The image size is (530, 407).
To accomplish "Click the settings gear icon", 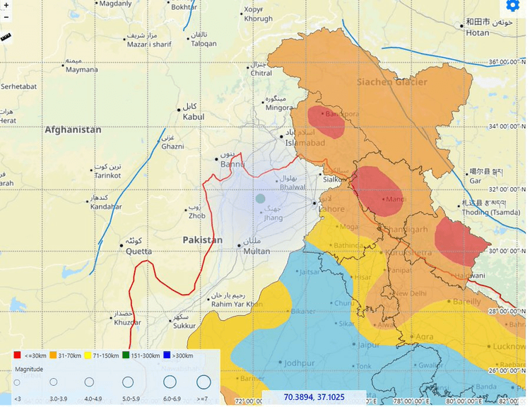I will click(x=514, y=6).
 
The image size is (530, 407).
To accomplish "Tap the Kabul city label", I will click(x=193, y=116).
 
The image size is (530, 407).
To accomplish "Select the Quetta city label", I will click(x=139, y=251).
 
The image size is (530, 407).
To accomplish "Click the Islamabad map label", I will click(x=305, y=143).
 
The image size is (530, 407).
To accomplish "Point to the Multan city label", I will click(x=257, y=251).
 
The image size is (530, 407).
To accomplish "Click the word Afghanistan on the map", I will click(x=73, y=130).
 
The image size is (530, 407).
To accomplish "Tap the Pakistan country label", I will click(x=202, y=240).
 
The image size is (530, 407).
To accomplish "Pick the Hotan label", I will click(x=478, y=33).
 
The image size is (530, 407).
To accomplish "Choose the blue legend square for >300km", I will click(x=167, y=355).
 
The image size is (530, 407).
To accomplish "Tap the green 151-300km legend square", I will click(x=125, y=355).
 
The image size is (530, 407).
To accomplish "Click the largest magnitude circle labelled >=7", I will click(x=204, y=382).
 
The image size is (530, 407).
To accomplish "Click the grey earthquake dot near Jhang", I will click(x=260, y=199).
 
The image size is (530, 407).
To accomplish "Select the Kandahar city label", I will click(x=106, y=207).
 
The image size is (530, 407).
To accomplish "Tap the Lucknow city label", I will click(x=509, y=346).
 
